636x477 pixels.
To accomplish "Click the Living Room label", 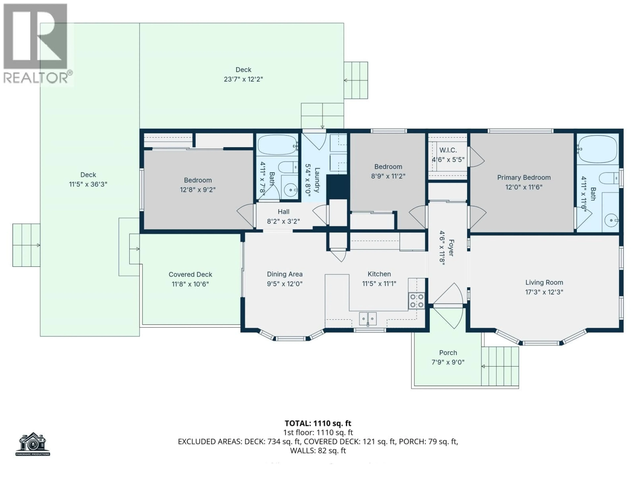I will click(x=544, y=282).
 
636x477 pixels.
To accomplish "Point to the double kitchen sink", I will click(x=368, y=318).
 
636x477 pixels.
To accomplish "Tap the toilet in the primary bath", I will click(x=609, y=178).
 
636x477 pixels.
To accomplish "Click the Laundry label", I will click(x=317, y=180).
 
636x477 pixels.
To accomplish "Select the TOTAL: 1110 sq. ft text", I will click(x=318, y=423).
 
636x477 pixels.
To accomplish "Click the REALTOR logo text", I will click(x=36, y=78).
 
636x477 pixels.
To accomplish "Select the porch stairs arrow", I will click(x=483, y=366).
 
